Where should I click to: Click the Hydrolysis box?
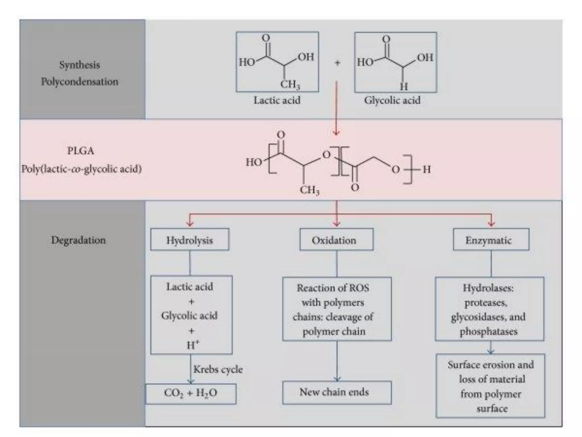click(x=190, y=240)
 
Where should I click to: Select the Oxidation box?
click(x=336, y=240)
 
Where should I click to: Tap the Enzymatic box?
click(x=491, y=240)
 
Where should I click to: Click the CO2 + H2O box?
click(x=191, y=394)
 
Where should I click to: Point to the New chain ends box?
click(x=336, y=393)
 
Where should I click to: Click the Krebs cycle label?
click(x=218, y=370)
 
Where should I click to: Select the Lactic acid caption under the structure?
click(x=277, y=100)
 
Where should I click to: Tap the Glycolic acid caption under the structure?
click(x=392, y=100)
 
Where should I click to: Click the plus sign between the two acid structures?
click(x=337, y=63)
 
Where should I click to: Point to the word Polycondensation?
click(x=80, y=82)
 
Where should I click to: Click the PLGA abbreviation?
click(x=80, y=151)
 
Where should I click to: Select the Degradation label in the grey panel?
click(x=78, y=240)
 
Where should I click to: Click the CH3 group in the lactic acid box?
click(x=290, y=84)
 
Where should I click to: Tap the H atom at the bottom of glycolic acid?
click(x=404, y=86)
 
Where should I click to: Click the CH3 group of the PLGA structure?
click(x=309, y=190)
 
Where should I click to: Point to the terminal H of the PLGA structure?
click(x=427, y=170)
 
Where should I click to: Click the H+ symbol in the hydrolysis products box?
click(x=193, y=345)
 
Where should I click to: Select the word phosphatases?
click(x=489, y=331)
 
